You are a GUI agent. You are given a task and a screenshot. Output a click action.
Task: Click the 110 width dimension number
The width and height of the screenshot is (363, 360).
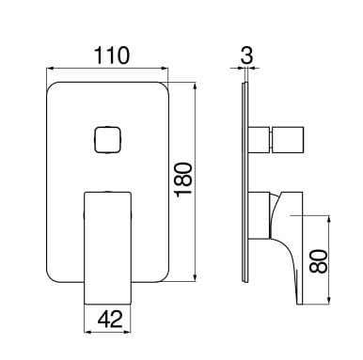(x=112, y=55)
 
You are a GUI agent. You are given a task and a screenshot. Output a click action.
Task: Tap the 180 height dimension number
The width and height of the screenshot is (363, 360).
(x=183, y=180)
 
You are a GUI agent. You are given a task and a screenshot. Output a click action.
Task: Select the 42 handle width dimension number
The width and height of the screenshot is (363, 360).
(x=110, y=320)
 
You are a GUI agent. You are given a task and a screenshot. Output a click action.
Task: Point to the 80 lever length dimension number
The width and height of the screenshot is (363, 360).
(x=319, y=261)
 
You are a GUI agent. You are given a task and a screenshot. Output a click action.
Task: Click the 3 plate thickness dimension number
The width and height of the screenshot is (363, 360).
(x=246, y=55)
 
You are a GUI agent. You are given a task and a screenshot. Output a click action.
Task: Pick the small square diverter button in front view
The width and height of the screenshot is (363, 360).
(x=107, y=139)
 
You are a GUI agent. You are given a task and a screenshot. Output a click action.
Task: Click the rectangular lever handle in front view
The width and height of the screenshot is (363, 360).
(x=107, y=248)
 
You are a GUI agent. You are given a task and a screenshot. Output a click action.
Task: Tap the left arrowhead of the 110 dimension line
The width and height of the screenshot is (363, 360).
(x=51, y=69)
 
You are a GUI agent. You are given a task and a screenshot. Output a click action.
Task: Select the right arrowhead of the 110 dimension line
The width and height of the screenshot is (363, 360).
(x=165, y=69)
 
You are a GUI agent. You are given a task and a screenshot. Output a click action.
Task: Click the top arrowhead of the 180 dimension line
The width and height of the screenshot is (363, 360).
(x=196, y=86)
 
